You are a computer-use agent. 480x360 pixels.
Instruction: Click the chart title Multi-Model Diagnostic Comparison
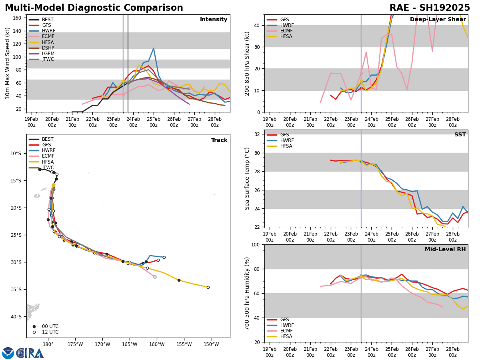[94, 8]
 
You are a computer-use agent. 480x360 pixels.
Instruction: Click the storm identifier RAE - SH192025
[430, 8]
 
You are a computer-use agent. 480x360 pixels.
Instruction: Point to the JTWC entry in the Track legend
[48, 168]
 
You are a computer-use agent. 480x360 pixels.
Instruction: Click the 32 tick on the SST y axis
[258, 134]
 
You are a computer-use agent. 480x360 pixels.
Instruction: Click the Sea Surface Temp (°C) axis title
[248, 178]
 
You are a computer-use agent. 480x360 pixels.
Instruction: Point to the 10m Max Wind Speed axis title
[8, 63]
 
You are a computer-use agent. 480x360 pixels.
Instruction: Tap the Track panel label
[219, 140]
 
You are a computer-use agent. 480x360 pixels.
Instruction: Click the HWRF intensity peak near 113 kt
[154, 48]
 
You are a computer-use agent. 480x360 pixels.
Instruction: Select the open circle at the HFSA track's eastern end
[208, 287]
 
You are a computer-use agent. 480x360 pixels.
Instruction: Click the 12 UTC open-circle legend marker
[34, 332]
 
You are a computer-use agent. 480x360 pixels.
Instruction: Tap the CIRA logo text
[30, 353]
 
